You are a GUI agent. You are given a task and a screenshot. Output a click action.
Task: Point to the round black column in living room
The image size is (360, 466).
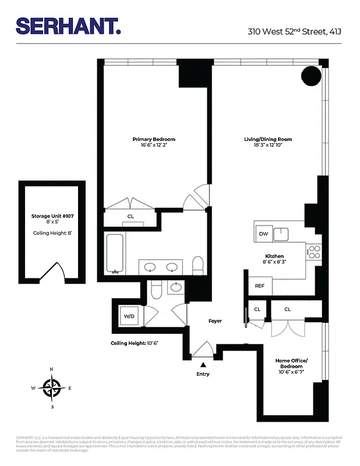(x=310, y=75)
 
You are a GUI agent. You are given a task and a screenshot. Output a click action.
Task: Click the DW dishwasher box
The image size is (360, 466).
(x=263, y=234)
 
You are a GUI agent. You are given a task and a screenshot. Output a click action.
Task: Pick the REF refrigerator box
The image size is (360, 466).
(x=260, y=286)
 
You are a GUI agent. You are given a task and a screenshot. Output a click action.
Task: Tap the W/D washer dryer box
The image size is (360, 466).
(x=128, y=316)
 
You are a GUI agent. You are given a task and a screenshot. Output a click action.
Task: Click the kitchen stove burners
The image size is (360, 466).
(x=314, y=252)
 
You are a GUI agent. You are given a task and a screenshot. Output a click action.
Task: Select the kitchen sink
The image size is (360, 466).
(x=283, y=234)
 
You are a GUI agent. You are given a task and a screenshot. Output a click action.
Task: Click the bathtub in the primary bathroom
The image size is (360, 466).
(x=114, y=253)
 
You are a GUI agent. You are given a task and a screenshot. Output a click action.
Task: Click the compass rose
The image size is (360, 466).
(x=52, y=387)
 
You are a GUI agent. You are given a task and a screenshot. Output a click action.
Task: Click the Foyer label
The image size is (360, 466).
(x=216, y=321)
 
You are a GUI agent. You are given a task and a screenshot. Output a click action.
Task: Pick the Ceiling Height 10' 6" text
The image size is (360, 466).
(x=135, y=343)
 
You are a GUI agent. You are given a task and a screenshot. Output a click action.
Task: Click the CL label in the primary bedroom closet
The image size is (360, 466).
(x=130, y=217)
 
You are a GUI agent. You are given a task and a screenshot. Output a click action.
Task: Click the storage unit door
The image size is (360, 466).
(x=57, y=273)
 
